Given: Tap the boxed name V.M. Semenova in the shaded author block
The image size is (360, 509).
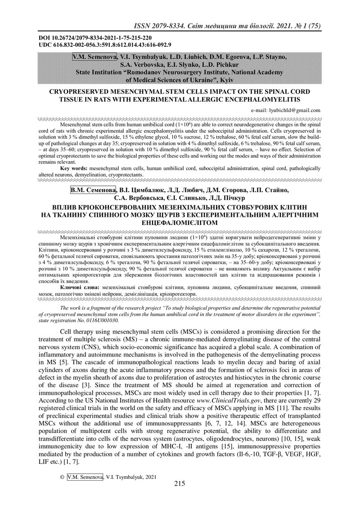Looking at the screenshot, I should pyautogui.click(x=95, y=57).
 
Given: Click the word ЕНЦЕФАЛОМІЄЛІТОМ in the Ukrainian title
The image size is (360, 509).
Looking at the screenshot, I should pyautogui.click(x=180, y=223).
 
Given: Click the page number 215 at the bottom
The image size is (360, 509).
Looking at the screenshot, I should pyautogui.click(x=180, y=484).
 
